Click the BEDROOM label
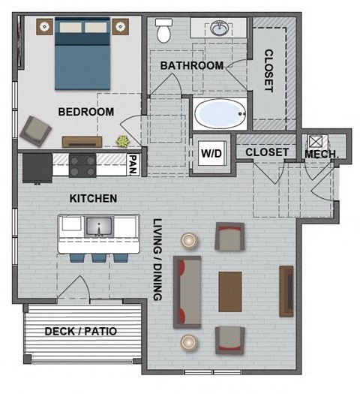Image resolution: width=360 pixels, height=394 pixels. [86, 113]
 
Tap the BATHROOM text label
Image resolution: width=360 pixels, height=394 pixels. [191, 66]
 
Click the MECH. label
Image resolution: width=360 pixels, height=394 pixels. [322, 154]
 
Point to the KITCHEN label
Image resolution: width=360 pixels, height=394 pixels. [93, 199]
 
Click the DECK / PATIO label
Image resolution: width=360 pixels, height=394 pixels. [81, 331]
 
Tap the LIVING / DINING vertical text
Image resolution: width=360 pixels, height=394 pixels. [158, 260]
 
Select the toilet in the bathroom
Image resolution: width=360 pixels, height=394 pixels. [163, 30]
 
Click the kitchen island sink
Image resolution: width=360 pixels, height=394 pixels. [98, 227]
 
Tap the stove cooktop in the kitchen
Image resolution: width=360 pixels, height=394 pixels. [82, 164]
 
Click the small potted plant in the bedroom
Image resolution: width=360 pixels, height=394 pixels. [122, 140]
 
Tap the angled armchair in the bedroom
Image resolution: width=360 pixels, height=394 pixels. [34, 131]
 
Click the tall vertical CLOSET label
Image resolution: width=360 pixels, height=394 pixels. [268, 71]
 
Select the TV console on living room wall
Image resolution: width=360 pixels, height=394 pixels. [286, 291]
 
